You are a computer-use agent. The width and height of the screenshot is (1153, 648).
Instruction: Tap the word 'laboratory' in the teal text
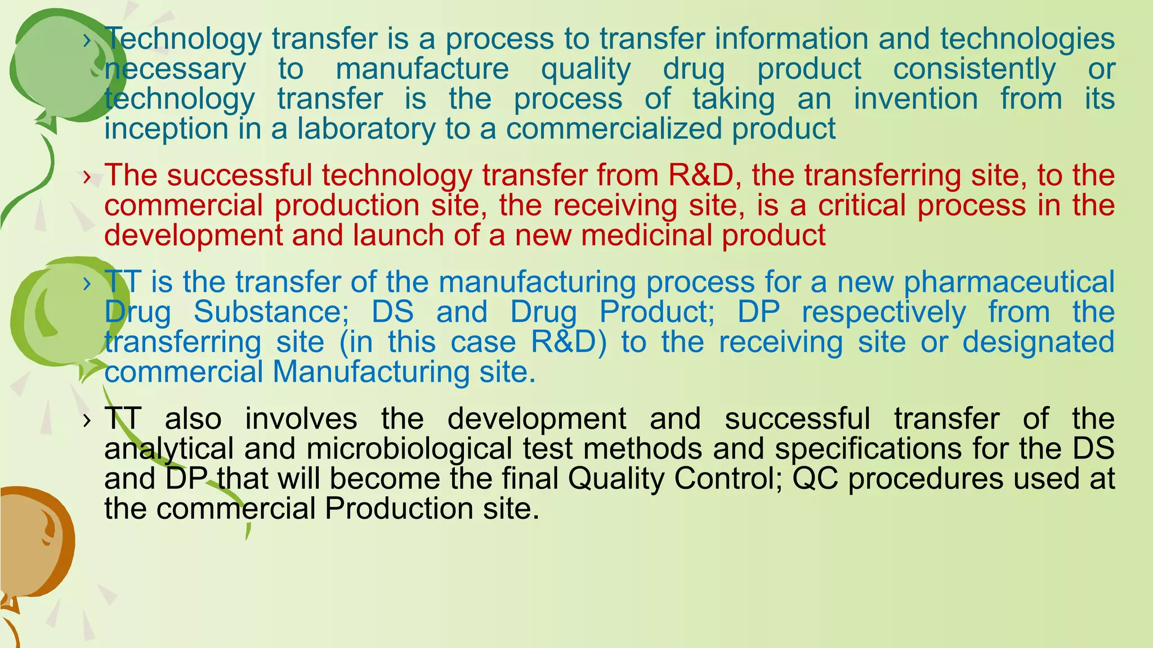pyautogui.click(x=366, y=129)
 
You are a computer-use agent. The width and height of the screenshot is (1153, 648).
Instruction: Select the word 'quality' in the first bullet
pyautogui.click(x=586, y=69)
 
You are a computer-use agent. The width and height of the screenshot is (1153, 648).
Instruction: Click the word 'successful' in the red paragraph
pyautogui.click(x=239, y=175)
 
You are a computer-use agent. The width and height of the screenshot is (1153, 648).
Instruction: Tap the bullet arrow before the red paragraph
pyautogui.click(x=86, y=177)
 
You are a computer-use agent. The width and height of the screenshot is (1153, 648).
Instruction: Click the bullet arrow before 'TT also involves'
pyautogui.click(x=86, y=420)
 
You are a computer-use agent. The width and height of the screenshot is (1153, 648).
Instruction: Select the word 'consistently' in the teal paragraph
pyautogui.click(x=975, y=69)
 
